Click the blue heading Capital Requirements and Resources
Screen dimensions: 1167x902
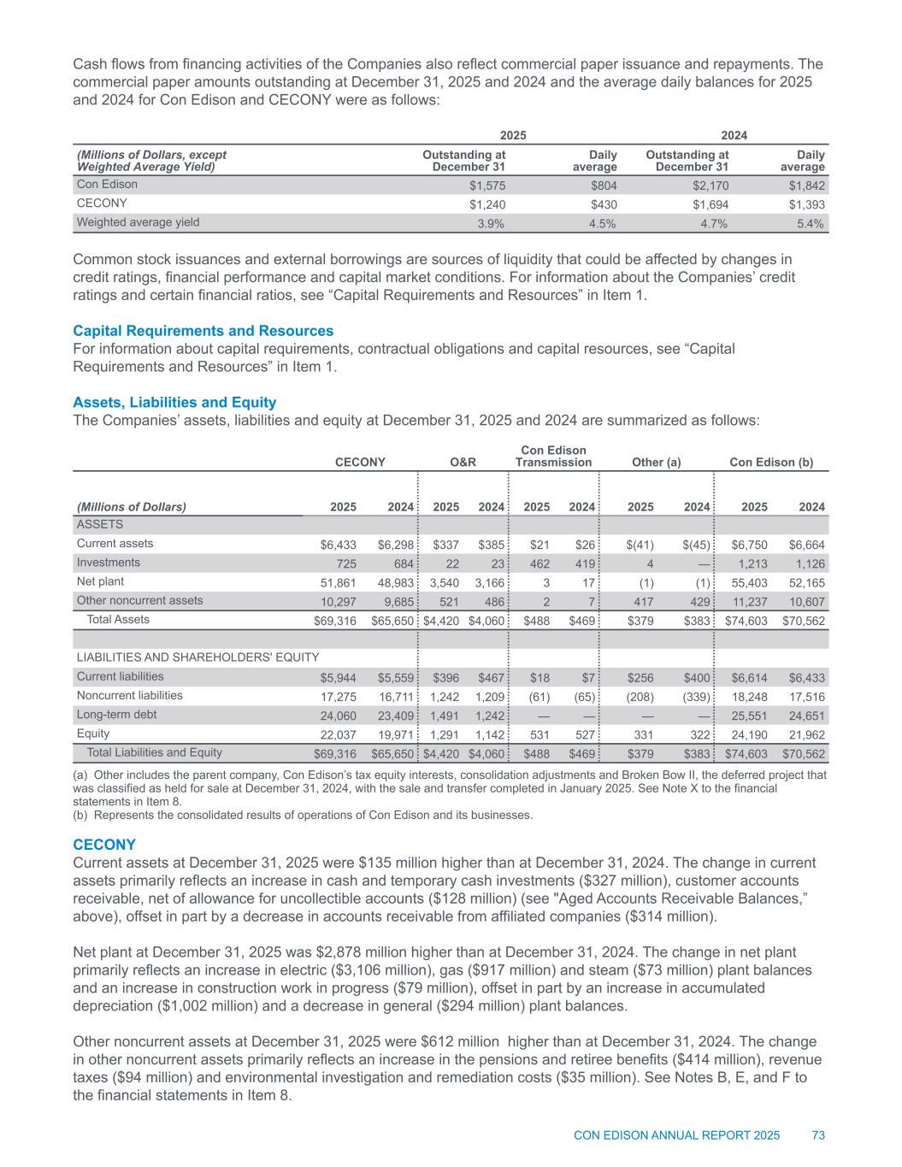203,331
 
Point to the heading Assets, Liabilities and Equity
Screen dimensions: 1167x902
174,403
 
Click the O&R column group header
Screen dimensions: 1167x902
463,463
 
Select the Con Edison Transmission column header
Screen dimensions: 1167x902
554,456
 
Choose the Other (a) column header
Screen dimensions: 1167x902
655,463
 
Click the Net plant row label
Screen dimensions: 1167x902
100,581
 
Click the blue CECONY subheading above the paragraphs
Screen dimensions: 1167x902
104,845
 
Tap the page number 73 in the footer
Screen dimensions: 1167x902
818,1135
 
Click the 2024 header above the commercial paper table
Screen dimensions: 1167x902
734,136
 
